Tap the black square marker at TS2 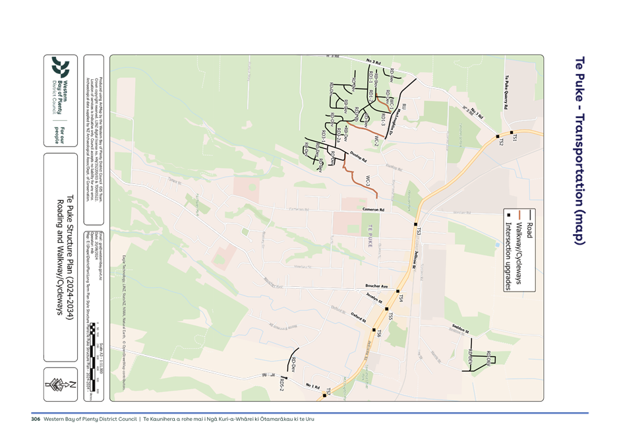point(498,137)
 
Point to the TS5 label point(389,317)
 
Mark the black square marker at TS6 point(374,330)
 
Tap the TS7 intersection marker point(324,396)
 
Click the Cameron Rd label point(372,210)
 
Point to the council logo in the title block point(61,67)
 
